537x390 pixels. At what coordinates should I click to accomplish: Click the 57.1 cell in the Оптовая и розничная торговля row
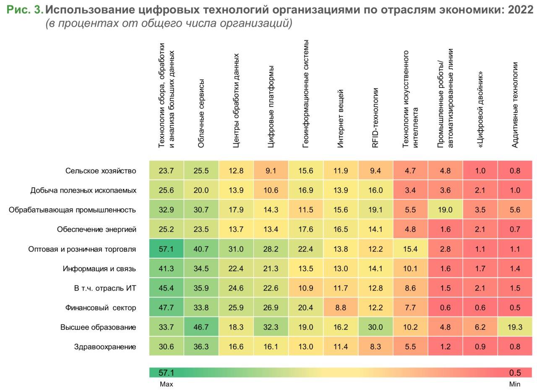[166, 249]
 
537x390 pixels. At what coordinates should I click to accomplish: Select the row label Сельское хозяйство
[101, 171]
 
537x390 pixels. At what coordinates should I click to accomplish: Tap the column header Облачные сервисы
[201, 113]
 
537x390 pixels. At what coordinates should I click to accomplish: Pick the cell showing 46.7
[201, 327]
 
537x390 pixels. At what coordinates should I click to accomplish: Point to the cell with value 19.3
[515, 327]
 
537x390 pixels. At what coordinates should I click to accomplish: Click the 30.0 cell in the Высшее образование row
[375, 327]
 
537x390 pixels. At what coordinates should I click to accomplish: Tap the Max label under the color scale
[166, 384]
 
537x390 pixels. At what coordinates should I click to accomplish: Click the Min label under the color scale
[514, 384]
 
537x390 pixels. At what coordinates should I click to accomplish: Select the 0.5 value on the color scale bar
[515, 373]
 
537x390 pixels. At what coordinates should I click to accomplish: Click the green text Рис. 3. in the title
[24, 10]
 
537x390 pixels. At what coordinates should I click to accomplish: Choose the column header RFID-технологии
[375, 118]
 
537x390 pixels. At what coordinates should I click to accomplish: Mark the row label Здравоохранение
[105, 347]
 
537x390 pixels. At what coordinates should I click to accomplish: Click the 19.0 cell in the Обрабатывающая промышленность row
[445, 210]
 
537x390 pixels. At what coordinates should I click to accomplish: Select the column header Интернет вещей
[341, 118]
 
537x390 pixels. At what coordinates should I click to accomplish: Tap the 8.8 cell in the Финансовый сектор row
[340, 308]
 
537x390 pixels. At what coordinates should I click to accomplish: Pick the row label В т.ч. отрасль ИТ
[105, 288]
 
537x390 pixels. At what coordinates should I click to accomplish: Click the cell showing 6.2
[480, 327]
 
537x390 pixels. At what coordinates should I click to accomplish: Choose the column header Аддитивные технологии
[515, 105]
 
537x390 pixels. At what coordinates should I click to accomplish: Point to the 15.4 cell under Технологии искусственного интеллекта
[410, 249]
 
